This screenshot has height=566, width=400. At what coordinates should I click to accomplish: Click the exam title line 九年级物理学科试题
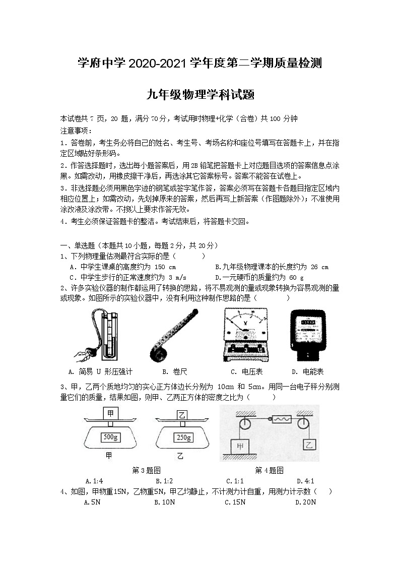(x=199, y=94)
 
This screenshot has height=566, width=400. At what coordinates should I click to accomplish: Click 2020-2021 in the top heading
(x=158, y=64)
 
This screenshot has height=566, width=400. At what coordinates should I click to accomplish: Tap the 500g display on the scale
(x=110, y=436)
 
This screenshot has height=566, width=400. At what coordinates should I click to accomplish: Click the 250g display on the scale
(x=181, y=437)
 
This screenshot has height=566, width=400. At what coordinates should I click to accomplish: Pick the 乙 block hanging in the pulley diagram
(x=308, y=444)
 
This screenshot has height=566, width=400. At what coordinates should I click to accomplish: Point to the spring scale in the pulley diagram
(x=279, y=418)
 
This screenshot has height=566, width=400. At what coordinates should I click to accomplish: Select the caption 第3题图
(x=146, y=470)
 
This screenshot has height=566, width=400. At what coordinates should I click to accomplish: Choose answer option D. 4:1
(x=305, y=481)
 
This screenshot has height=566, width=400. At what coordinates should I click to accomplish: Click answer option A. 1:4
(x=94, y=481)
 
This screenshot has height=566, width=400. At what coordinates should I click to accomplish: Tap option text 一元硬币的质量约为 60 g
(x=259, y=277)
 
